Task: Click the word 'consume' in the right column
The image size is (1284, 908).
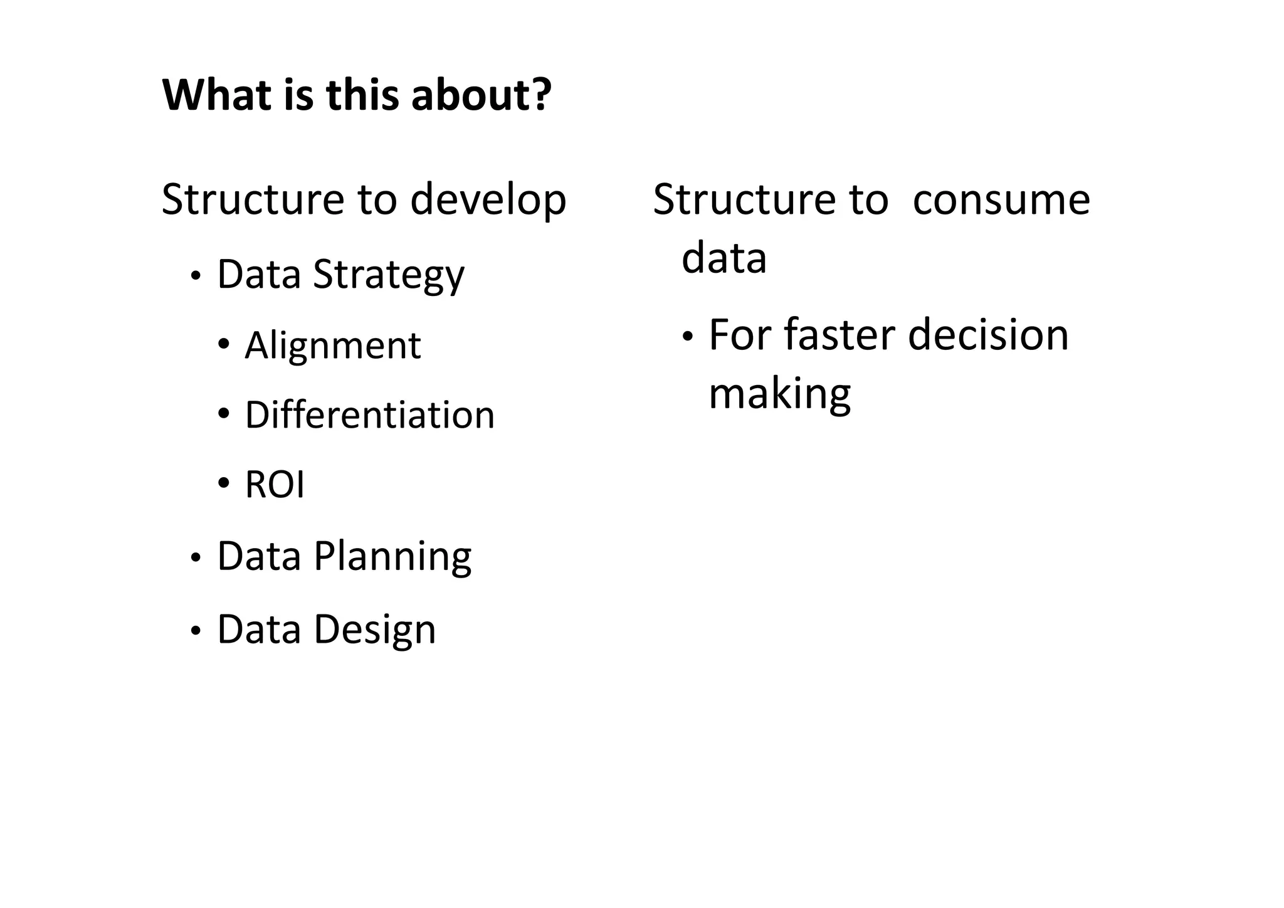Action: [x=1001, y=199]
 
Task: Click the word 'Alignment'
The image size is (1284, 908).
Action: [x=332, y=346]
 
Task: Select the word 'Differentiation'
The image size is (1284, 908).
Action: [x=369, y=415]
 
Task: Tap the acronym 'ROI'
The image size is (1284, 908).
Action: [x=275, y=485]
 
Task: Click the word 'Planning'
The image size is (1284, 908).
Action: [x=392, y=557]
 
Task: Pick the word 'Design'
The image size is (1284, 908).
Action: [x=374, y=630]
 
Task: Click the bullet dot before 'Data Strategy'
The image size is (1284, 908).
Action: [x=196, y=277]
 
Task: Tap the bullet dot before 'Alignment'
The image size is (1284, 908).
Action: [x=224, y=344]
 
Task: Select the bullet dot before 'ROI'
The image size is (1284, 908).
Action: [x=224, y=483]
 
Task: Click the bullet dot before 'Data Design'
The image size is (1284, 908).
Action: [x=196, y=631]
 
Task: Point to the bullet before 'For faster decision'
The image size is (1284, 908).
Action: [x=688, y=337]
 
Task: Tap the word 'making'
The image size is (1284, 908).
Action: [x=779, y=394]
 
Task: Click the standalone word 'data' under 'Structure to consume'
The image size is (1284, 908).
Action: [x=724, y=258]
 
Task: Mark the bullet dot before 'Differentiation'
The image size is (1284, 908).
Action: [x=224, y=414]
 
